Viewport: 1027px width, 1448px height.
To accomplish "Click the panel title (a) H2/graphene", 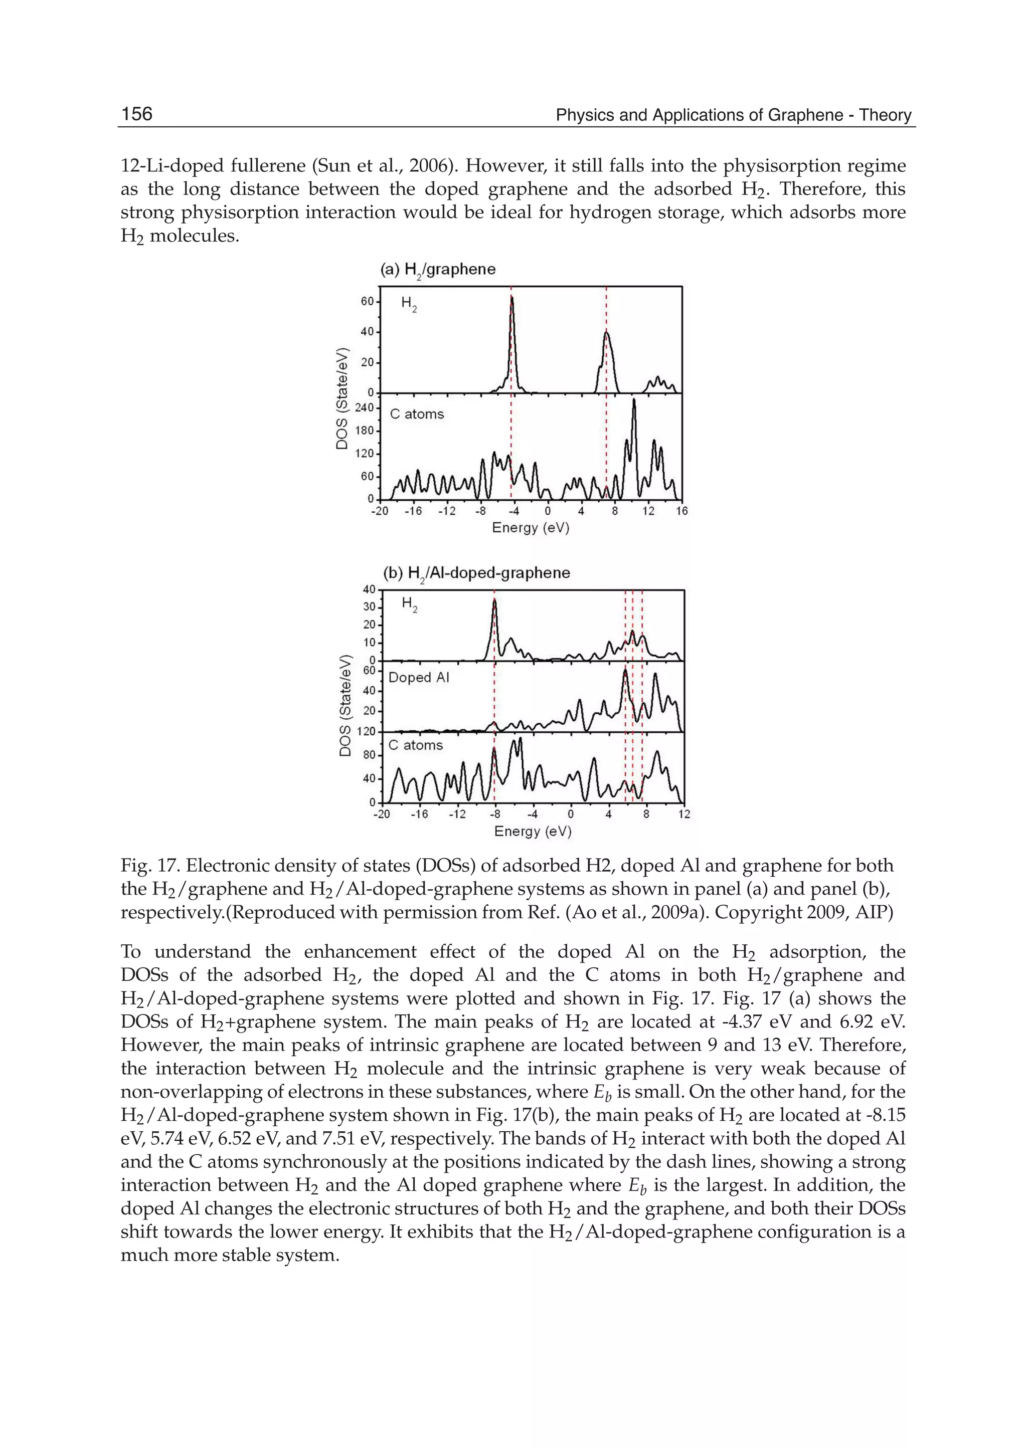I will [438, 270].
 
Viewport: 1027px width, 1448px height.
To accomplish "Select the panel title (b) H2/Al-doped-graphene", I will [476, 573].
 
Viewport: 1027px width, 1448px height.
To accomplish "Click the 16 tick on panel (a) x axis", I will [681, 511].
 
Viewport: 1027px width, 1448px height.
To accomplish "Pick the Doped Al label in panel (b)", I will [419, 678].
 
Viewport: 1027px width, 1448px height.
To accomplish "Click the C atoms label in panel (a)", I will [417, 415].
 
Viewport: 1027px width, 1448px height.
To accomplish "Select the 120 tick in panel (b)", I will [366, 732].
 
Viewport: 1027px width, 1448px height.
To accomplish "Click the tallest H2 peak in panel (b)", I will [494, 601].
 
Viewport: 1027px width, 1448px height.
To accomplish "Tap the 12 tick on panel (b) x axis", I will [684, 814].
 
